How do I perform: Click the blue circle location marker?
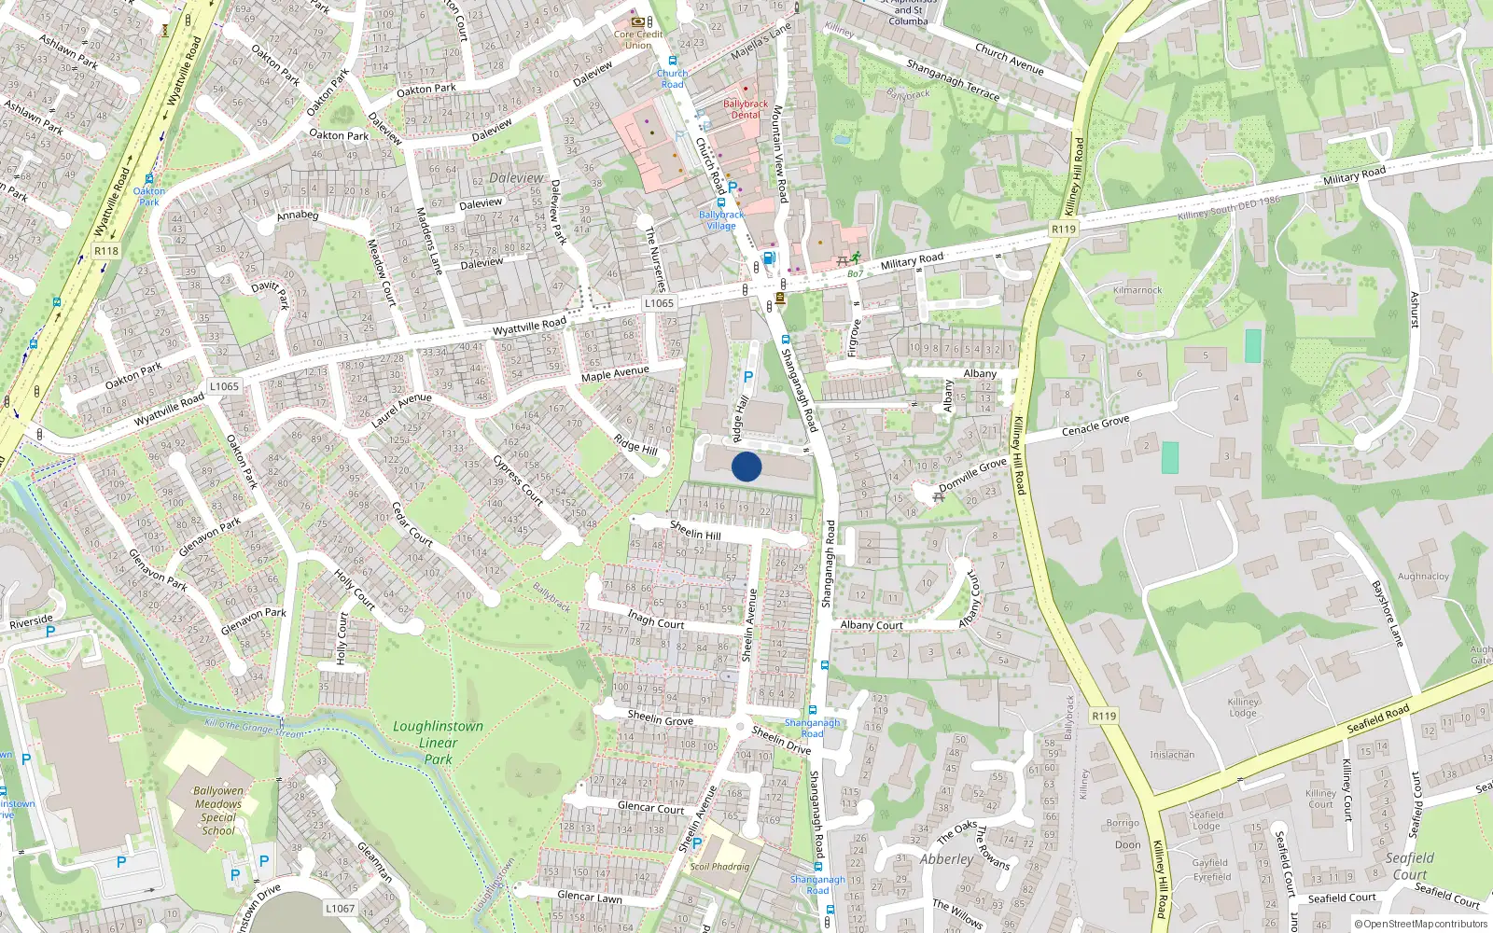tap(746, 466)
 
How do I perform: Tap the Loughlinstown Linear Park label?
tap(438, 743)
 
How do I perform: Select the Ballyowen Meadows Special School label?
tap(218, 811)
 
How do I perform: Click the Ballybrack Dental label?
tap(746, 109)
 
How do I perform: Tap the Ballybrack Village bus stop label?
tap(721, 220)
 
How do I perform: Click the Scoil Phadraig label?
tap(719, 867)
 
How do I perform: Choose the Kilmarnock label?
tap(1137, 290)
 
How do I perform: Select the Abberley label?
tap(946, 859)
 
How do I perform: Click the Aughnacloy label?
tap(1423, 577)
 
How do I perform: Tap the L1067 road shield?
tap(341, 908)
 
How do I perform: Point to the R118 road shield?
tap(106, 251)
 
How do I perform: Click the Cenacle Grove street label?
tap(1095, 426)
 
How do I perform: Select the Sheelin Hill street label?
tap(695, 531)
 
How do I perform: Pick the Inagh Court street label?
tap(655, 619)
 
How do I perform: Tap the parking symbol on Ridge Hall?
tap(747, 377)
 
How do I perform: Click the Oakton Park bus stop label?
tap(148, 196)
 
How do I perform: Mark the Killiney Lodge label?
tap(1243, 707)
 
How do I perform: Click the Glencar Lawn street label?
tap(589, 897)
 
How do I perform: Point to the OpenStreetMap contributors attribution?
tap(1420, 924)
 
